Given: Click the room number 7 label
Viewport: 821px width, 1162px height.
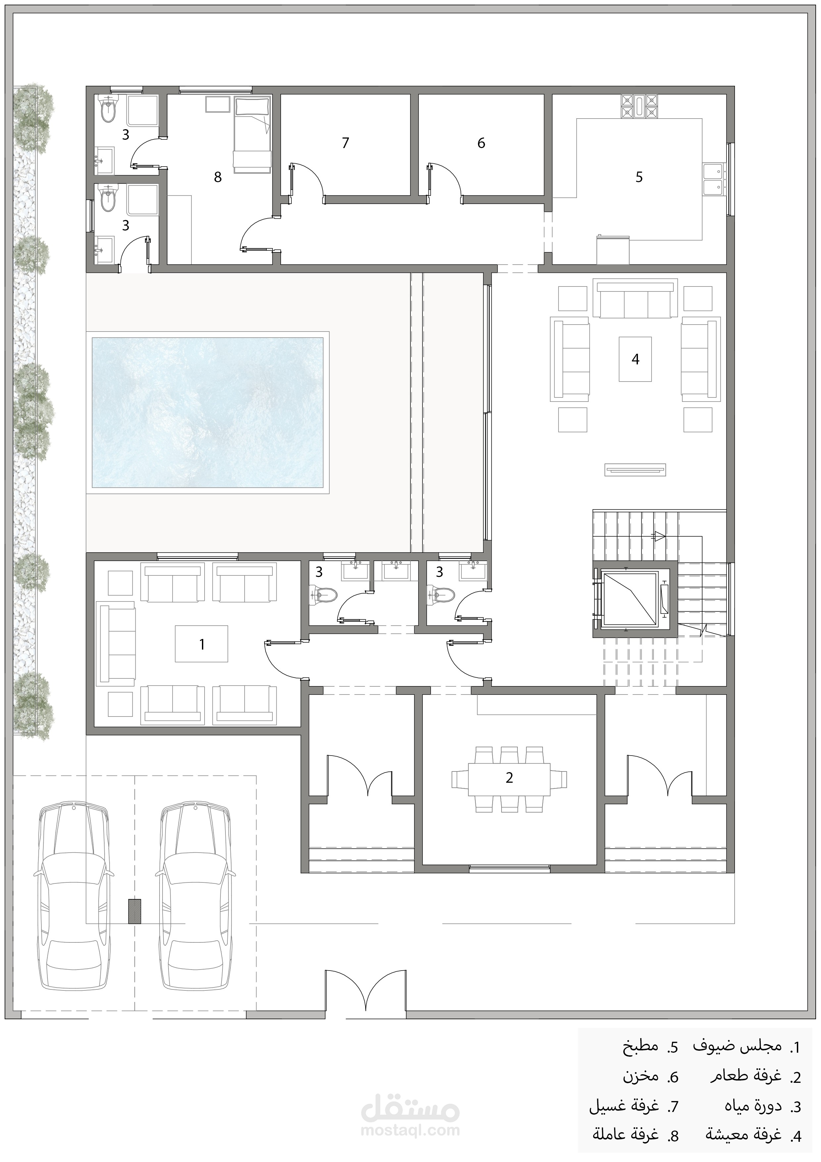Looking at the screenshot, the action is coord(346,143).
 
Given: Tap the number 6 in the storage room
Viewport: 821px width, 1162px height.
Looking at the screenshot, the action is coord(481,143).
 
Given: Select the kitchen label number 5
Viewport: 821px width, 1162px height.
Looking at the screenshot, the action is coord(639,177).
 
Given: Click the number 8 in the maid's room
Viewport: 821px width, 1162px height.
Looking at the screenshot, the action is coord(217,177).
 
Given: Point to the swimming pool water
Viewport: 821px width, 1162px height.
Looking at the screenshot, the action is coord(207,412).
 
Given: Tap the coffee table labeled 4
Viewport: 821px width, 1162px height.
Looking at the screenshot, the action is coord(635,359).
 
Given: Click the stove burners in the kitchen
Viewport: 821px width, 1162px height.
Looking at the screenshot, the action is coord(639,107).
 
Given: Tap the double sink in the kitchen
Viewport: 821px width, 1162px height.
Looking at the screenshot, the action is coord(713,179).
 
